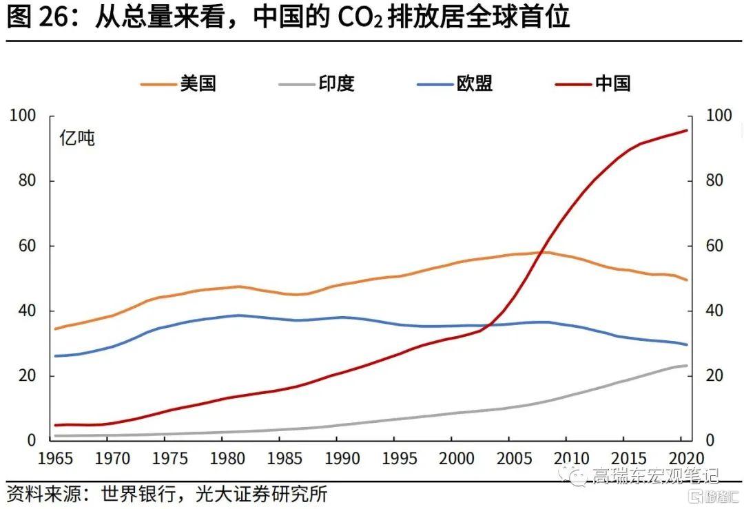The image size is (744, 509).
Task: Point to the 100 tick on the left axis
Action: pyautogui.click(x=23, y=116)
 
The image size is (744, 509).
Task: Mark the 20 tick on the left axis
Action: pyautogui.click(x=26, y=376)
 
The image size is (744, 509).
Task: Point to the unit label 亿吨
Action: pyautogui.click(x=77, y=138)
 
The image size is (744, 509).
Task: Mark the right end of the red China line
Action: pyautogui.click(x=687, y=130)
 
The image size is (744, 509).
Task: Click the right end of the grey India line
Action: pyautogui.click(x=687, y=366)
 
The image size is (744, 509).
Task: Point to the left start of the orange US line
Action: pyautogui.click(x=54, y=329)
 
